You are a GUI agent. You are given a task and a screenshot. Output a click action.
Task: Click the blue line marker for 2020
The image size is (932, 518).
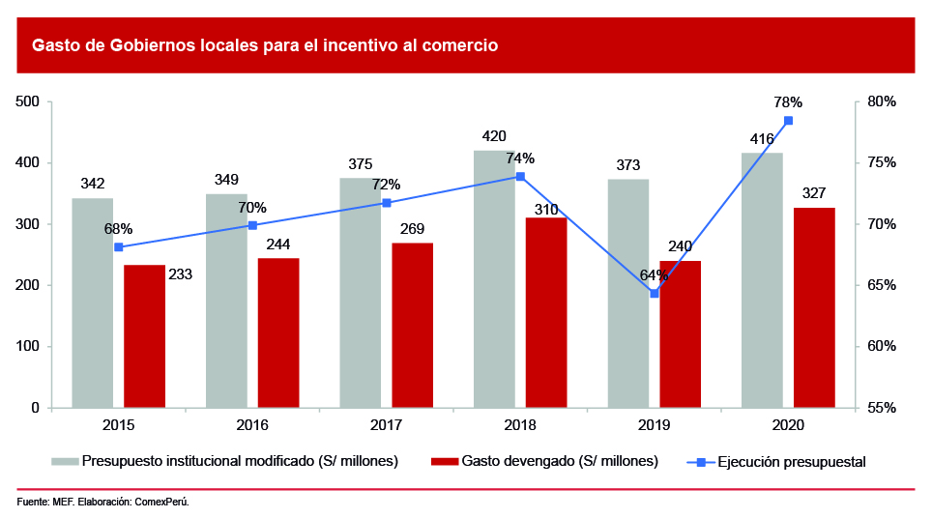[x=788, y=121]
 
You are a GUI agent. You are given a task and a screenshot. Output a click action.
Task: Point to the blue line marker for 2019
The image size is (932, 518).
[x=655, y=293]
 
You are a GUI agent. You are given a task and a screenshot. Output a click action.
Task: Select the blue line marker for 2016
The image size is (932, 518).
[x=252, y=225]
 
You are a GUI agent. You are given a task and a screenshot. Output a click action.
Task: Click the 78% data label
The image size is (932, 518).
[x=788, y=102]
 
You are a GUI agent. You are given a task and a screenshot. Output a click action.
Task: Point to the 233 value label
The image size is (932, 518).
[x=180, y=274]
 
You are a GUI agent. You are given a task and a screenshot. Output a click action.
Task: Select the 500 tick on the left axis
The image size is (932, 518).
[x=27, y=102]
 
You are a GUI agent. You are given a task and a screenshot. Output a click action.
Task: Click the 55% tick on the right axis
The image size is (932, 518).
[x=883, y=408]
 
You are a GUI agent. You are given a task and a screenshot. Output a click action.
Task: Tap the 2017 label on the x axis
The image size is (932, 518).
[x=387, y=426]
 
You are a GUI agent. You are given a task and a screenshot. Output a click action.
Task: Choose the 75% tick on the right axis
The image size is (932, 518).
[x=883, y=163]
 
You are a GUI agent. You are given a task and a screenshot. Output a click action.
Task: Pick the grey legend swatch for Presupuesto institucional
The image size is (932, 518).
[x=65, y=461]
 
